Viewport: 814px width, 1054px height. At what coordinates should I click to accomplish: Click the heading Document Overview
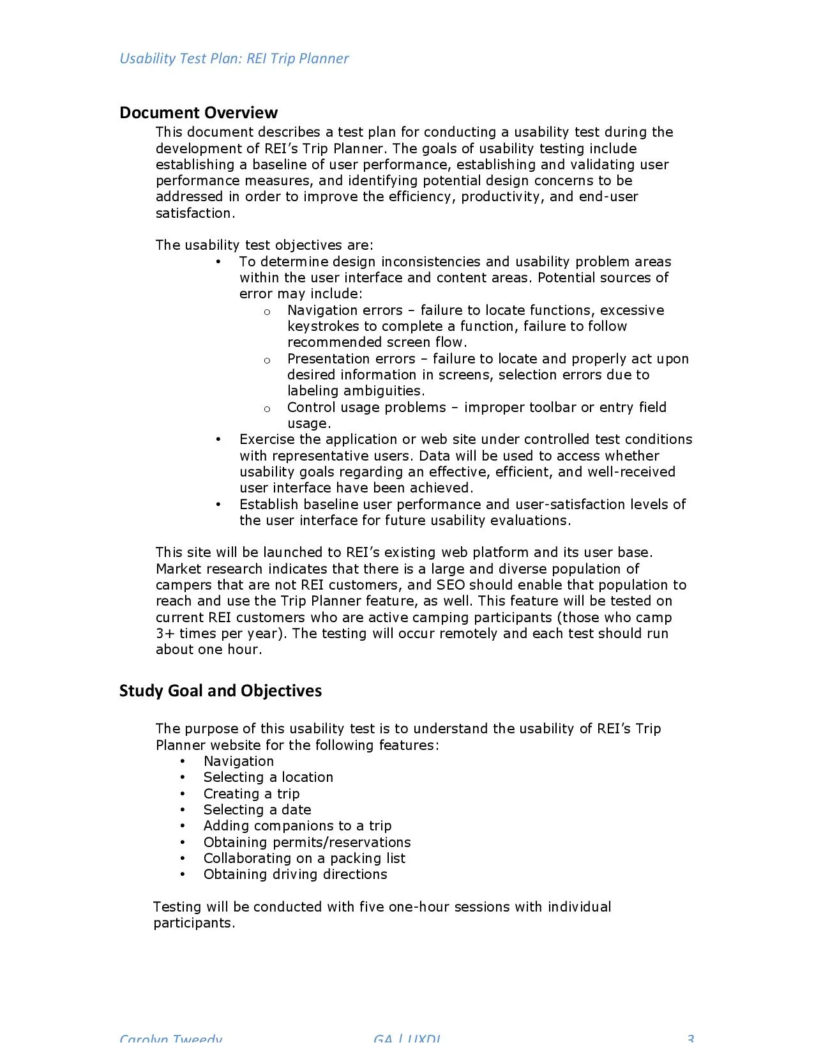pyautogui.click(x=198, y=113)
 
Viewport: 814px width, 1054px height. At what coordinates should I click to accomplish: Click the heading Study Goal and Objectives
pyautogui.click(x=220, y=691)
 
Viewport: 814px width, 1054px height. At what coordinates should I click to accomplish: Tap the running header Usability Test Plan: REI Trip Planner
pyautogui.click(x=234, y=59)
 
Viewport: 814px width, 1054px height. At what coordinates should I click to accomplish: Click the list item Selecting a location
pyautogui.click(x=268, y=777)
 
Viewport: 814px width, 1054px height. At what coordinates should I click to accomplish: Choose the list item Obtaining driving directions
pyautogui.click(x=295, y=875)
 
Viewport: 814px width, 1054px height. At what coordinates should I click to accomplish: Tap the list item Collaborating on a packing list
pyautogui.click(x=304, y=859)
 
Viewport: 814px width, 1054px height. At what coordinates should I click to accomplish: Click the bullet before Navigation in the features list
pyautogui.click(x=183, y=761)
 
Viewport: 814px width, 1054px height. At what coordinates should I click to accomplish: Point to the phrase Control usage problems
pyautogui.click(x=366, y=408)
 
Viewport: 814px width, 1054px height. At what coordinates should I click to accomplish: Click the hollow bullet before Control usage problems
pyautogui.click(x=267, y=409)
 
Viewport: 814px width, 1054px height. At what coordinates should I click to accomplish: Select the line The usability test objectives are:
pyautogui.click(x=264, y=245)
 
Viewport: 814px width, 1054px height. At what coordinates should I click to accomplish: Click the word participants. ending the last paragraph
pyautogui.click(x=194, y=923)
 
